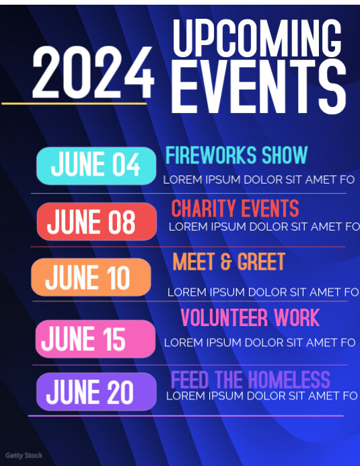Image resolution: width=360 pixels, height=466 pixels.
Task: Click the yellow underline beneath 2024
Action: (x=74, y=104)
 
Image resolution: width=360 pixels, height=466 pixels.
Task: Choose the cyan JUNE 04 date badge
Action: (x=96, y=165)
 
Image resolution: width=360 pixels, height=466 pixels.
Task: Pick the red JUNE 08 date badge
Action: (x=96, y=222)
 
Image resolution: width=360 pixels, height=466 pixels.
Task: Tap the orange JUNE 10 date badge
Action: (x=91, y=277)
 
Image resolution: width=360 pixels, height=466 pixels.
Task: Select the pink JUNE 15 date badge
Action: (x=95, y=339)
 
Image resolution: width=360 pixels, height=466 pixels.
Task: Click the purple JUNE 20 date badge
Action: (x=96, y=391)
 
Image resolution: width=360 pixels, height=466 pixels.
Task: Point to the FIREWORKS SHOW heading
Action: (x=236, y=155)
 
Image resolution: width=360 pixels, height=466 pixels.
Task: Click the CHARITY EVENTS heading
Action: (x=235, y=208)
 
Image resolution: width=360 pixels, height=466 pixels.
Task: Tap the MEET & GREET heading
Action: (x=229, y=262)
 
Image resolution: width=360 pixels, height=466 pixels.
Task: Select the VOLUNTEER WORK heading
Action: (x=250, y=317)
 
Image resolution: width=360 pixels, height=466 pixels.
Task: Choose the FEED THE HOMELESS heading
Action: (x=250, y=380)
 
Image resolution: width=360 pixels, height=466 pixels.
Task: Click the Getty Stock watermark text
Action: (x=24, y=456)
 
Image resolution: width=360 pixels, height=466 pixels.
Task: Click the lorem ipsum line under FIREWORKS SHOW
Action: (x=258, y=180)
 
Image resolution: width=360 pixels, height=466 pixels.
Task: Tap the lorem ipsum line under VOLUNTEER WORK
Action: (x=260, y=343)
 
